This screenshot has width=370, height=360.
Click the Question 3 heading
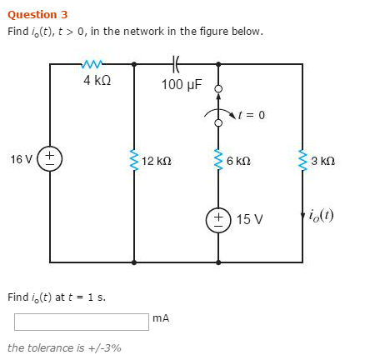[37, 14]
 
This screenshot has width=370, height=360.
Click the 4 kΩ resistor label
[97, 81]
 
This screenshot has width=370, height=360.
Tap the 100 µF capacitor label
[182, 84]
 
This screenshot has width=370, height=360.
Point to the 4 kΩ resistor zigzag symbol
[92, 62]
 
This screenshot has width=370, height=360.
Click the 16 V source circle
[50, 158]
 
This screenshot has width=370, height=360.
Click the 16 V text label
[22, 158]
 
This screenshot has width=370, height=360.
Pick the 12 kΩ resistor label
[157, 160]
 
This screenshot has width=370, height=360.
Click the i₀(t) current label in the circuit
[321, 215]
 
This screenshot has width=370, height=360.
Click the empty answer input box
[81, 321]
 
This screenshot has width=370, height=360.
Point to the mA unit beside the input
[162, 317]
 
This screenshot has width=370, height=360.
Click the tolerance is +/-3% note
[64, 347]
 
